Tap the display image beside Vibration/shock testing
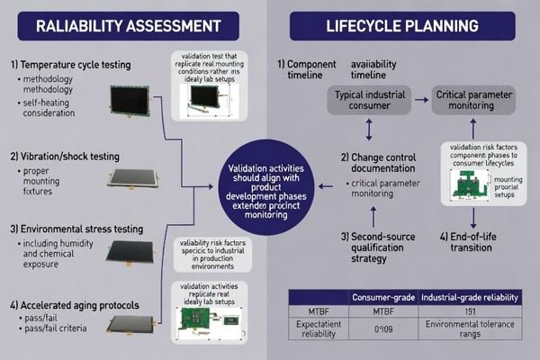[x=135, y=174]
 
